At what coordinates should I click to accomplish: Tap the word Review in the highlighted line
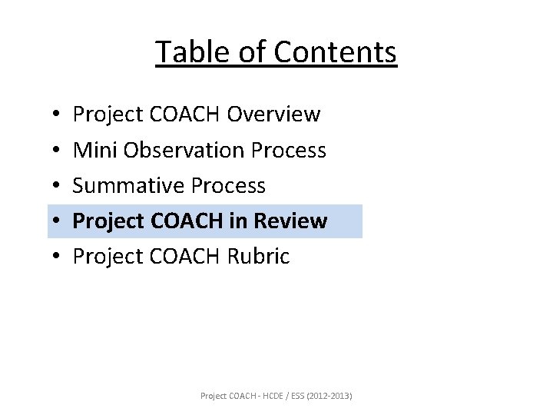coord(291,221)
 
